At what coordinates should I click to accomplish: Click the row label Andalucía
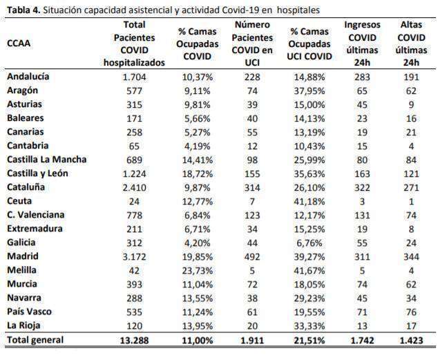coord(28,77)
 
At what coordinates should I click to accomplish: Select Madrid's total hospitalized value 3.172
coord(135,256)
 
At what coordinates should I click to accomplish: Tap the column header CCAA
coord(19,44)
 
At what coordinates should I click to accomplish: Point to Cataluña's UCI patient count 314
coord(252,187)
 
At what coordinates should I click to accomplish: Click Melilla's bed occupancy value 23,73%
coord(198,271)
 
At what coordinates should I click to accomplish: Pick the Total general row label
coord(35,340)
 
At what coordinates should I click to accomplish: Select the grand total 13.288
coord(135,341)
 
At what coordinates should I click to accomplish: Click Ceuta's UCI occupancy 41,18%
coord(309,201)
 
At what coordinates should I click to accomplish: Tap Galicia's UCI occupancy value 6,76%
coord(309,243)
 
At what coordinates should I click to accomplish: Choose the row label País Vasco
coord(29,312)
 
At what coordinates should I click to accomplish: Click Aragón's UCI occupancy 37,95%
coord(309,91)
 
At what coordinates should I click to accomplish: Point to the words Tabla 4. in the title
coord(24,10)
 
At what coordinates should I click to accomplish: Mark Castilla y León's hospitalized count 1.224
coord(135,174)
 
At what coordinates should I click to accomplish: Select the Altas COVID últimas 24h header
coord(411,44)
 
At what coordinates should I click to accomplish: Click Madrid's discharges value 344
coord(411,256)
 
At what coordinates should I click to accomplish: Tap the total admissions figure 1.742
coord(362,341)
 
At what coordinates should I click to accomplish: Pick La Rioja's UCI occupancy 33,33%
coord(309,326)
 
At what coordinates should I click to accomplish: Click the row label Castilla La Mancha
coord(46,160)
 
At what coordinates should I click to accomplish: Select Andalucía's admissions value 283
coord(362,77)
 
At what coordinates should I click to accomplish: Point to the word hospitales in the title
coord(298,10)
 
